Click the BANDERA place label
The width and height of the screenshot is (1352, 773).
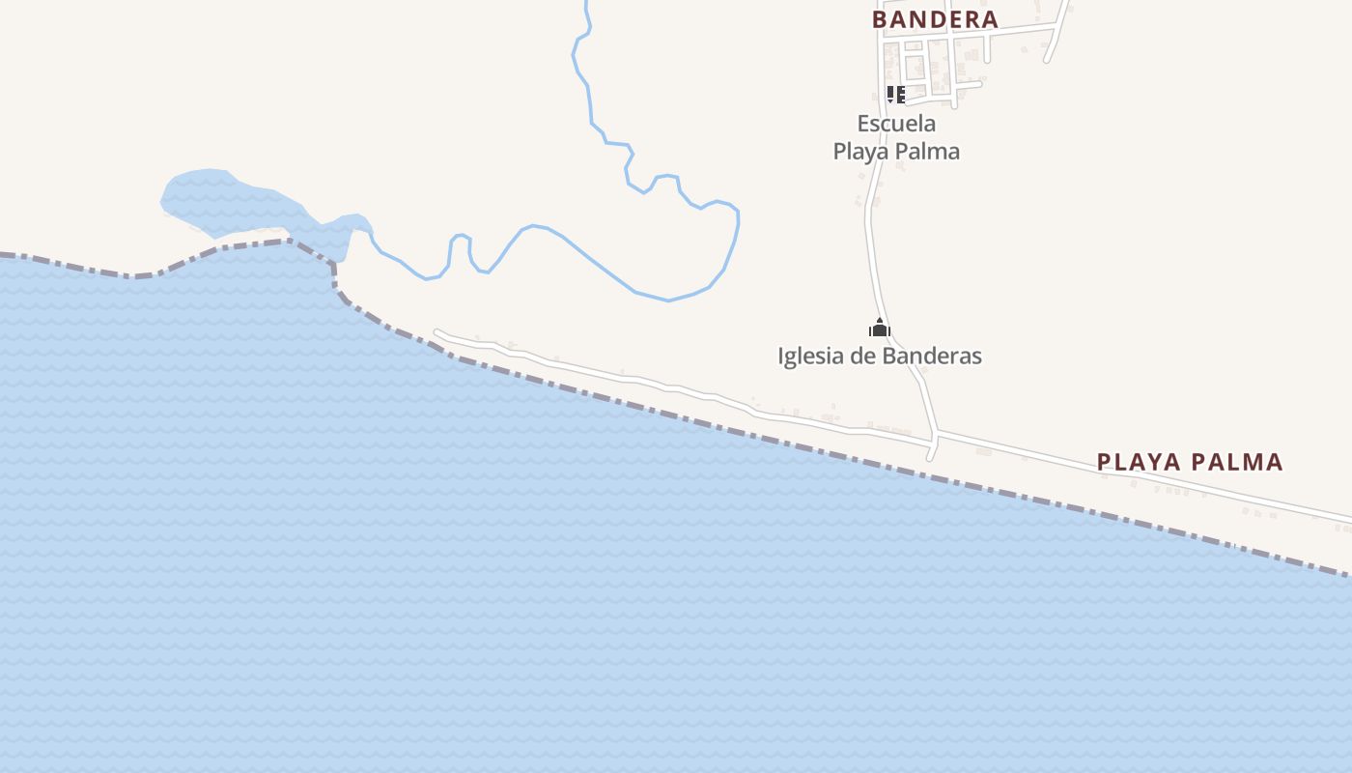click(935, 18)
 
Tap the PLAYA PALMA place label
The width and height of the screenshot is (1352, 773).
click(1190, 462)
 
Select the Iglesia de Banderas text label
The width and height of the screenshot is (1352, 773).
click(880, 356)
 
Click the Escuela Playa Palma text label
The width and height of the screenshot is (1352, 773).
click(896, 137)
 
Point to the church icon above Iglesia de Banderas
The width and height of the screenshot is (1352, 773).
click(879, 328)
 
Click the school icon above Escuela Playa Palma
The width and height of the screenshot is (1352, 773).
click(895, 94)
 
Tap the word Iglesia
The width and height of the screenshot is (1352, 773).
click(810, 356)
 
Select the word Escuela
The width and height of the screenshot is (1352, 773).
click(896, 124)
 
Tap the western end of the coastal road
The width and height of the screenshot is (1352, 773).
click(437, 333)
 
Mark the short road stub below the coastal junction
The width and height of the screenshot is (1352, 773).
click(932, 449)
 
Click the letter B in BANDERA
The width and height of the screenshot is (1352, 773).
click(880, 18)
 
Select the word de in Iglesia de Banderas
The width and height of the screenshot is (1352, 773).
click(861, 356)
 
